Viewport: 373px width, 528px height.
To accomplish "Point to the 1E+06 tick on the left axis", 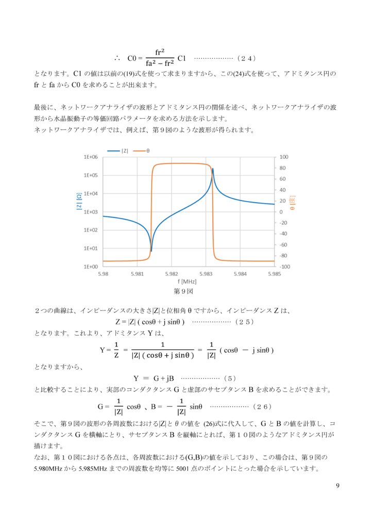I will pyautogui.click(x=91, y=157).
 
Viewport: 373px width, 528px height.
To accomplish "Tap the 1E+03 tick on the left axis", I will pyautogui.click(x=91, y=212).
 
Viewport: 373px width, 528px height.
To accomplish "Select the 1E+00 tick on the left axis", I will pyautogui.click(x=91, y=267).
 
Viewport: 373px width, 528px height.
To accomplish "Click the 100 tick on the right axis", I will pyautogui.click(x=284, y=157).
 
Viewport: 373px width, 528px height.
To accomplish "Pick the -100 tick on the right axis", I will pyautogui.click(x=285, y=267).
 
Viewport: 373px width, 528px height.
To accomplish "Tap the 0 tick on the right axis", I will pyautogui.click(x=281, y=212).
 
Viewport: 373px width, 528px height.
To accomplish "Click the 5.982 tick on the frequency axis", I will pyautogui.click(x=172, y=274).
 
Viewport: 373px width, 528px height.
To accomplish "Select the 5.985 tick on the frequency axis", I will pyautogui.click(x=274, y=274).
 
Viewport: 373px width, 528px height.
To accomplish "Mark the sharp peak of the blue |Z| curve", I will pyautogui.click(x=213, y=169).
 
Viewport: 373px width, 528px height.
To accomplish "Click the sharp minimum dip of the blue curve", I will pyautogui.click(x=151, y=252).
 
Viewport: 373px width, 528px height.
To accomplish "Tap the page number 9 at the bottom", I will pyautogui.click(x=337, y=485).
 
